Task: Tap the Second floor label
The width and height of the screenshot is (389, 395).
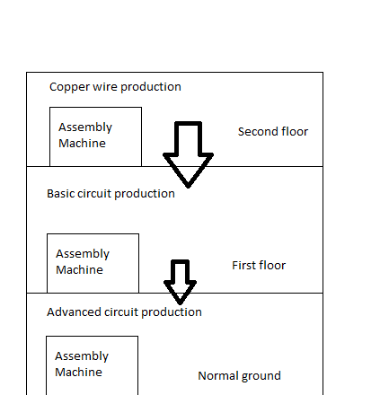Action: (x=273, y=132)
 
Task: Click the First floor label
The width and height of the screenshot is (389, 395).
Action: (x=259, y=266)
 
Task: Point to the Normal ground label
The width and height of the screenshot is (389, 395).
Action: (x=239, y=376)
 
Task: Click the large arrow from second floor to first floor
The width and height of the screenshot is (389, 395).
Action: (x=188, y=154)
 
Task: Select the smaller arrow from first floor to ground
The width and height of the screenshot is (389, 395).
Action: (x=180, y=282)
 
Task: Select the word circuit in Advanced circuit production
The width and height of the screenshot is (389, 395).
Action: (x=121, y=312)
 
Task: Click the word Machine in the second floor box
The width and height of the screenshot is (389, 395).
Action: (x=82, y=144)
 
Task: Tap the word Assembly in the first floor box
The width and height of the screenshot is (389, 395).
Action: (x=83, y=254)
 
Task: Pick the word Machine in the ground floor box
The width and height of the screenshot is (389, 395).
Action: (x=78, y=373)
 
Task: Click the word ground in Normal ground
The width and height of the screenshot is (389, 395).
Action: (x=261, y=377)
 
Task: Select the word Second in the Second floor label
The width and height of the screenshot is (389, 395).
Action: (x=255, y=132)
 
